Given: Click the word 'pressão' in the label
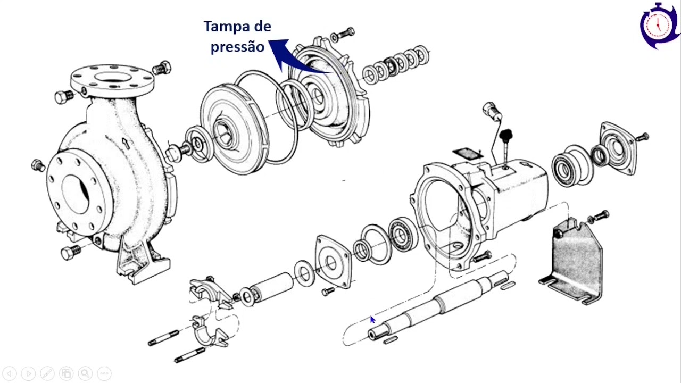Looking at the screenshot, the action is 237,47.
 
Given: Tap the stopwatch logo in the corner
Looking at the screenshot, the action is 659,26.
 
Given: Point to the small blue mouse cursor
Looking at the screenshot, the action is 372,320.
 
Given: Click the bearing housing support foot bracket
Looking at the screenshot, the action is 571,261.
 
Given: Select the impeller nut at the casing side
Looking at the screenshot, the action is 173,152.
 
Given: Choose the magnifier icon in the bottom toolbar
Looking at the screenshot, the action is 86,373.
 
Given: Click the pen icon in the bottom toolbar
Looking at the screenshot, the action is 47,373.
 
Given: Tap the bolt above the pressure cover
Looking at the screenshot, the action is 343,35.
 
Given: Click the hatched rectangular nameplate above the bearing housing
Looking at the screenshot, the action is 468,154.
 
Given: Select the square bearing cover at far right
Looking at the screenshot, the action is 617,148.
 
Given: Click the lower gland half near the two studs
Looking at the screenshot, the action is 209,331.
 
